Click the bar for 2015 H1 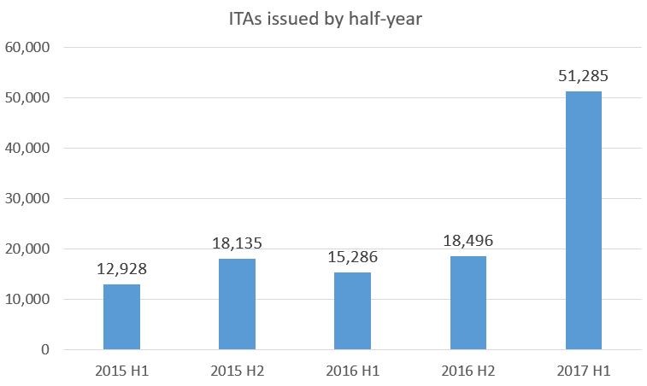click(121, 317)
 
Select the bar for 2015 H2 click(237, 304)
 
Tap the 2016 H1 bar click(352, 311)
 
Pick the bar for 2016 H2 click(468, 302)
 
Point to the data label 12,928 click(121, 271)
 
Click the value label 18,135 click(237, 245)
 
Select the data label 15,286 click(352, 257)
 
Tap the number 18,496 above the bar click(468, 242)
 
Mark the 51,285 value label click(584, 77)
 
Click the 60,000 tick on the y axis click(27, 48)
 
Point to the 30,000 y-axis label click(27, 199)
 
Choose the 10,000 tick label click(27, 300)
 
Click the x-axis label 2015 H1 click(121, 371)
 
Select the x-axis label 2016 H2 click(468, 371)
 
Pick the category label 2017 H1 click(584, 371)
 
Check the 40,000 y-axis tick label click(27, 149)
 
